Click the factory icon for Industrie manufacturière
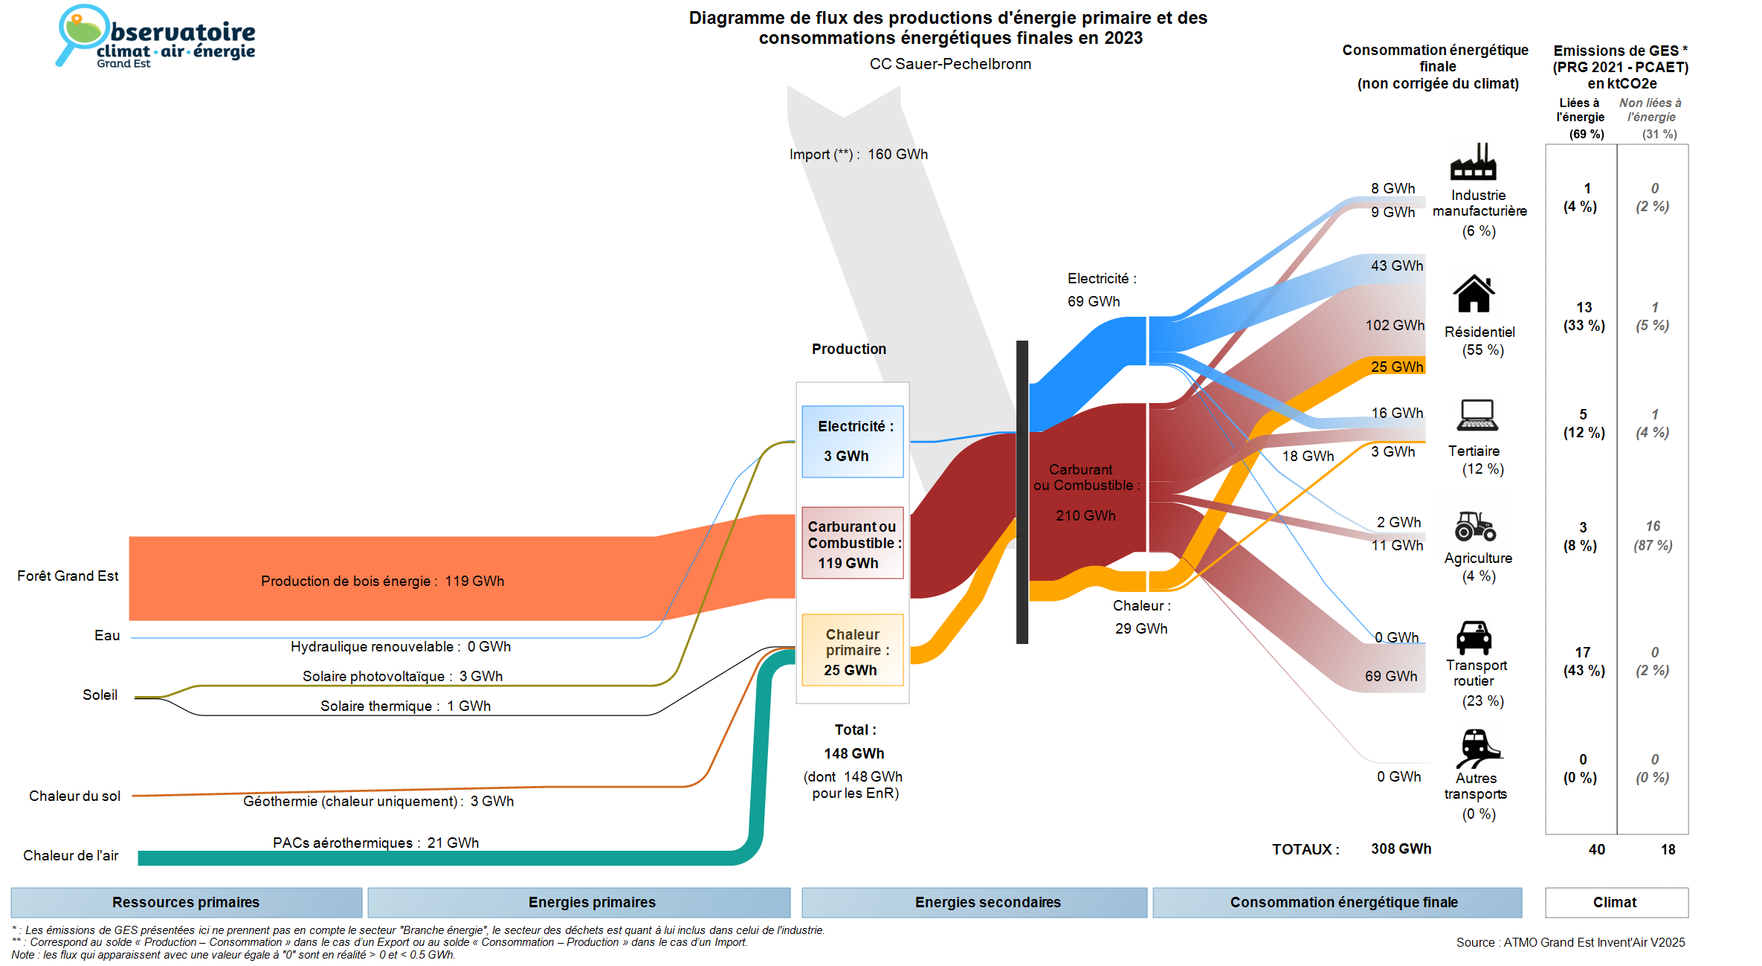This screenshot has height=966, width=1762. point(1473,162)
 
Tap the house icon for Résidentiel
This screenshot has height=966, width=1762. point(1474,294)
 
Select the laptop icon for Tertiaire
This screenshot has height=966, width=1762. point(1477,415)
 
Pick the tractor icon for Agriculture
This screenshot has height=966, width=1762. point(1475,526)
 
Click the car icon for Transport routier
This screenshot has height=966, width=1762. point(1474,637)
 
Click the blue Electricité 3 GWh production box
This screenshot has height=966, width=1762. point(852,441)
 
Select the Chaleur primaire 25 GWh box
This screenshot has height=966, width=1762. point(852,651)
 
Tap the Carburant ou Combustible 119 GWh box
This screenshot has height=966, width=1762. point(852,544)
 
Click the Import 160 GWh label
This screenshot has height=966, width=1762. point(858,155)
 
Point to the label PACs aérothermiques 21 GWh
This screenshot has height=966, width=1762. point(375,843)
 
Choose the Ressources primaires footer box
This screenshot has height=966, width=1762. point(186,902)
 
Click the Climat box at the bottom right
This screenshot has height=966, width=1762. point(1616,902)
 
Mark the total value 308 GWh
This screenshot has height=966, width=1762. point(1401,849)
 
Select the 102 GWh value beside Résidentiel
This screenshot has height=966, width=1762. point(1395,325)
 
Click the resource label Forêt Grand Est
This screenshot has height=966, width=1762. point(68,576)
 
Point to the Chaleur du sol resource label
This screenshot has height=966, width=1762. point(74,796)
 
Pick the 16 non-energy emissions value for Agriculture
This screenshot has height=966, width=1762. point(1653,527)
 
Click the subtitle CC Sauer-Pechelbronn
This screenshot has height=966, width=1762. point(950,64)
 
